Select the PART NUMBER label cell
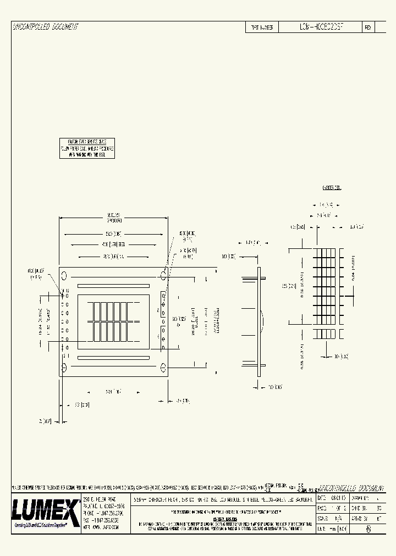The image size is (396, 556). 262,27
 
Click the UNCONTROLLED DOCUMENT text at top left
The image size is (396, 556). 45,26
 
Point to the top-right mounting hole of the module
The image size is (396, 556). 163,273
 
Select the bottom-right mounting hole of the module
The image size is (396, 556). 163,366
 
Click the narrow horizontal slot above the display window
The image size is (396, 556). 114,286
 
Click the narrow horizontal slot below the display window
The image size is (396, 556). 114,358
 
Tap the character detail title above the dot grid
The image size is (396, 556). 332,188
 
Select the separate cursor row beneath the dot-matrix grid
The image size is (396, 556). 324,333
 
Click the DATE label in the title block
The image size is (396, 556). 322,497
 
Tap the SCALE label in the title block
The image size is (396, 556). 323,518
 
